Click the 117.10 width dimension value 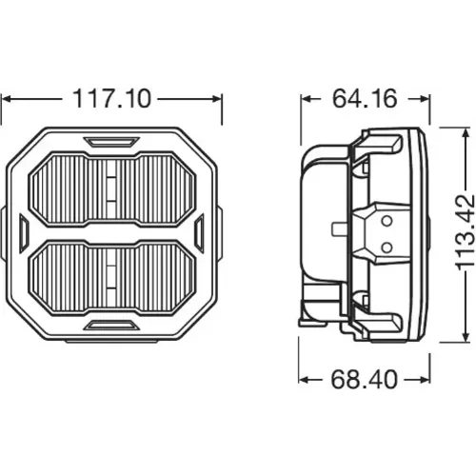point(112,99)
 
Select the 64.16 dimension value point(365,98)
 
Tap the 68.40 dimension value point(364,379)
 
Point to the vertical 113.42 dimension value point(465,232)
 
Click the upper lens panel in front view point(112,189)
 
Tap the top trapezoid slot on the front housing point(111,142)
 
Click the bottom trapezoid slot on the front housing point(112,326)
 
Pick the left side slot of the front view point(24,233)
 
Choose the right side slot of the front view point(199,233)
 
